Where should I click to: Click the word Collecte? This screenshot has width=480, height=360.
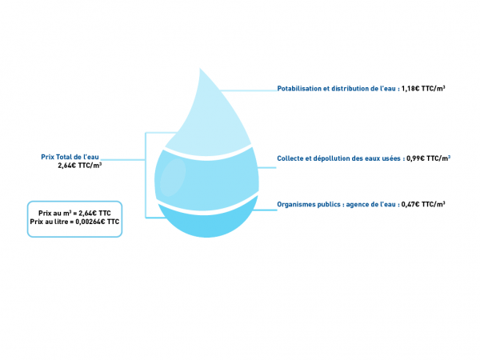pos(290,158)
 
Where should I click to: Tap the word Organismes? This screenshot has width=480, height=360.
pos(295,205)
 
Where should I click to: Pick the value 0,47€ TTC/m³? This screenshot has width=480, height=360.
pos(423,205)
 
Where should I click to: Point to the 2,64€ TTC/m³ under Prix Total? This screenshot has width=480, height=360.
pos(80,166)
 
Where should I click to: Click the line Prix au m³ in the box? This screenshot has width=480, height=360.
pos(74,213)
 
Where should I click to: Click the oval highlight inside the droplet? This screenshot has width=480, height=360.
pos(169,180)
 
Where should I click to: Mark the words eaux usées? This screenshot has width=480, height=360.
pos(382,158)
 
